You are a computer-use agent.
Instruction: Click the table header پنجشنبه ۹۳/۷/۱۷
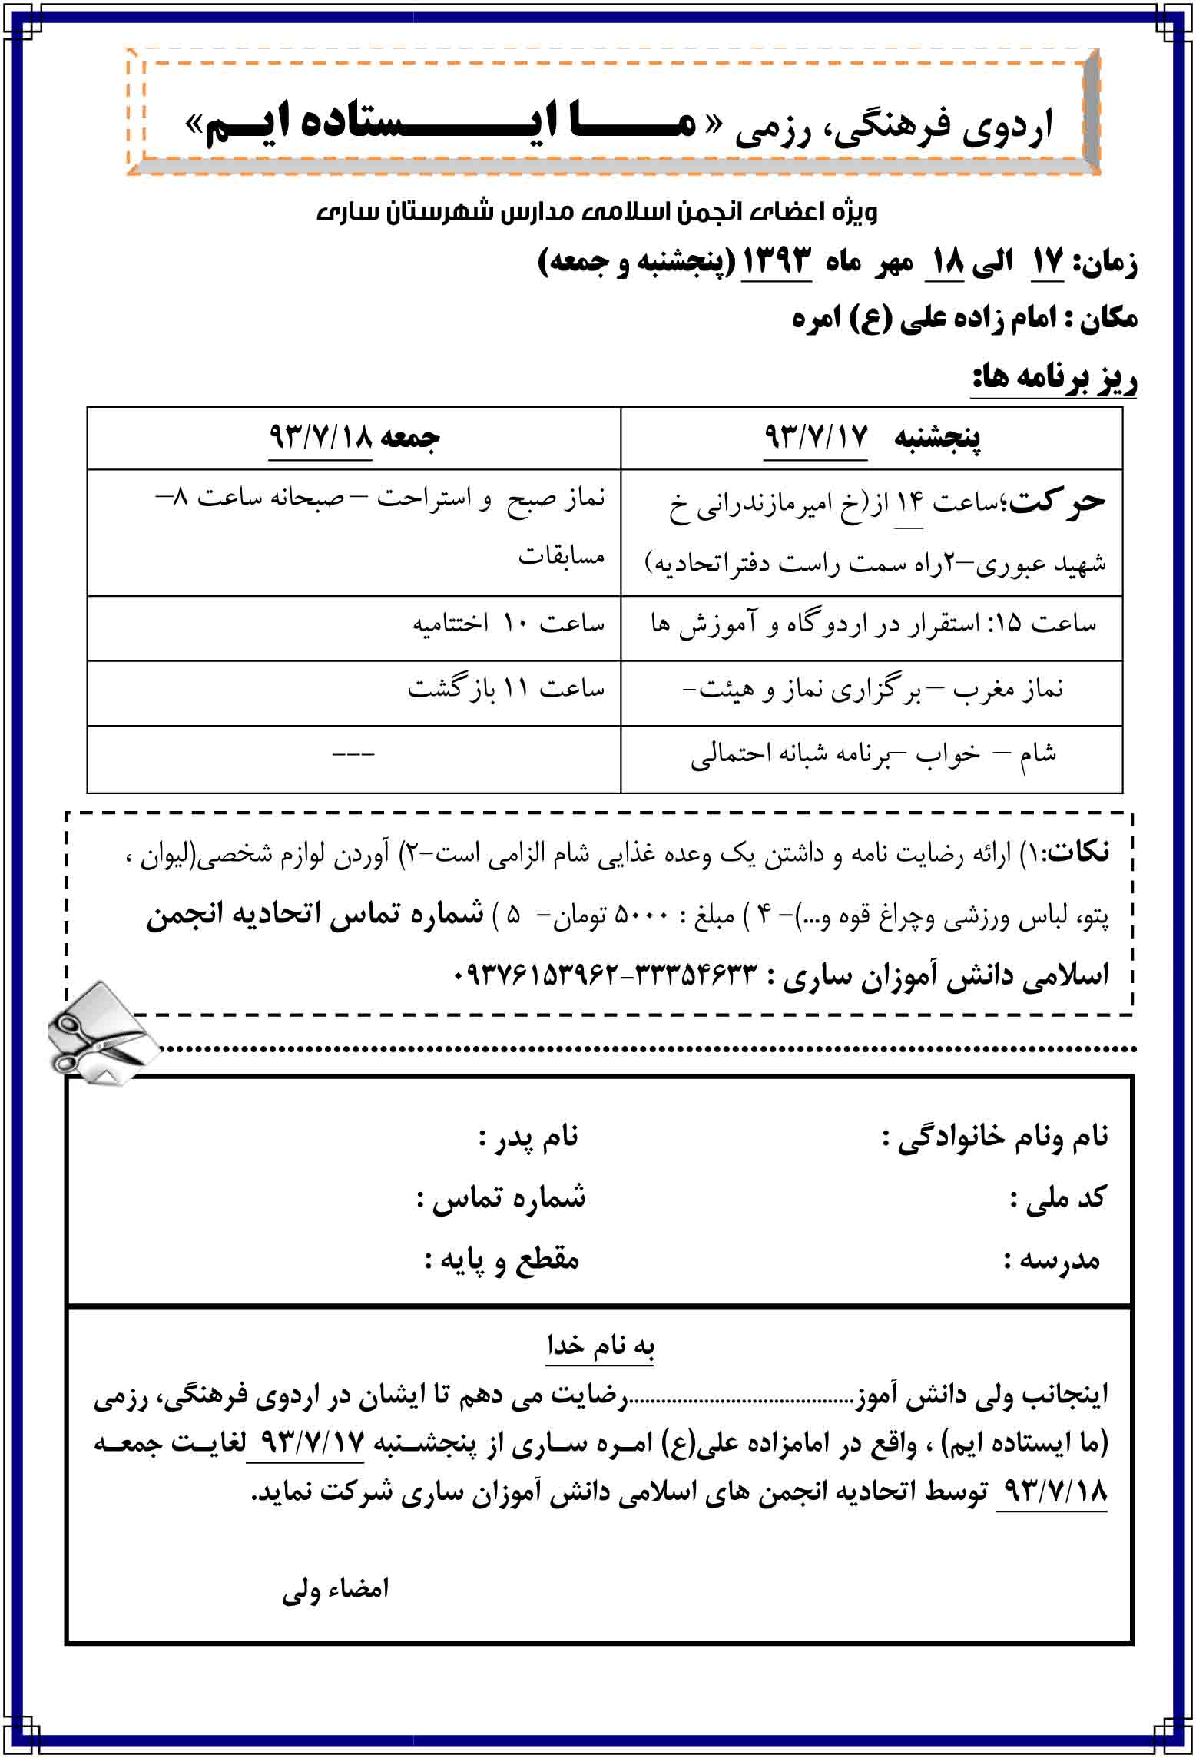pyautogui.click(x=872, y=438)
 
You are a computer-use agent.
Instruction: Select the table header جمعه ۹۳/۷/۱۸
pyautogui.click(x=354, y=438)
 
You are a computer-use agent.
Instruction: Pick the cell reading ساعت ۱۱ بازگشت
pyautogui.click(x=506, y=689)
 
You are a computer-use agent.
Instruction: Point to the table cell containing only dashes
pyautogui.click(x=353, y=754)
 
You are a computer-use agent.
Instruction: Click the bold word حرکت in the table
pyautogui.click(x=1057, y=502)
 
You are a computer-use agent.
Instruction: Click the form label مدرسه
pyautogui.click(x=1052, y=1260)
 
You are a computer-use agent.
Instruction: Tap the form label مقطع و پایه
pyautogui.click(x=502, y=1260)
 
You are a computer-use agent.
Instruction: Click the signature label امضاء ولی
pyautogui.click(x=336, y=1589)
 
